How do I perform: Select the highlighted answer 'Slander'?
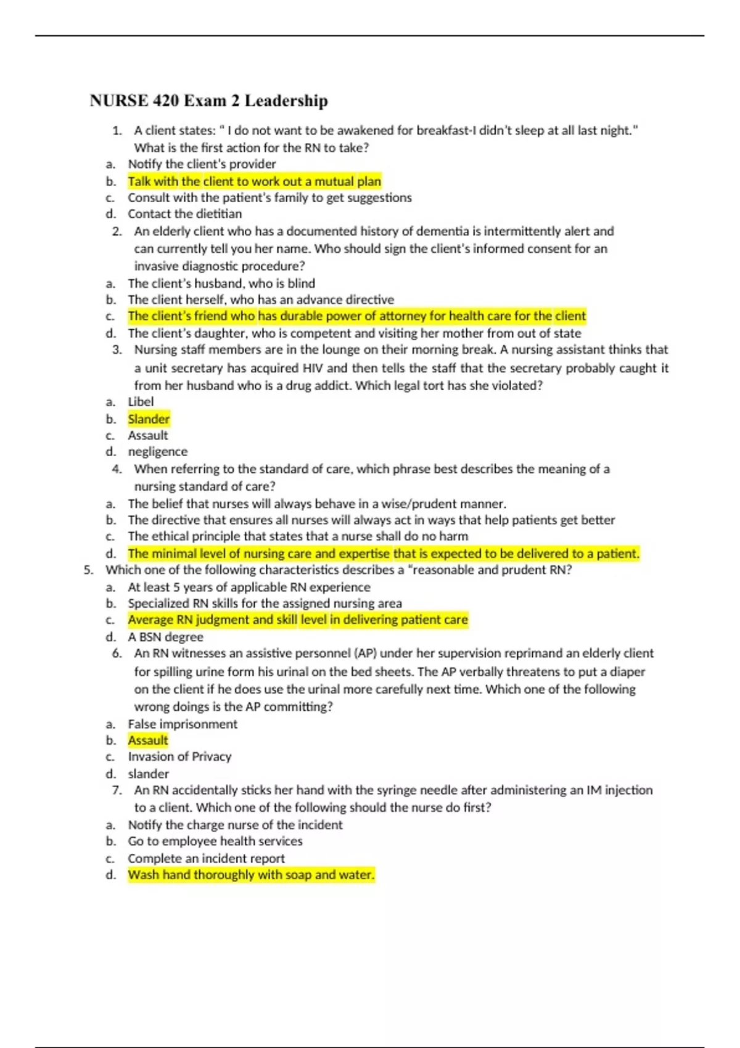pos(149,419)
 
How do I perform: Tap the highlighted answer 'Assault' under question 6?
pos(148,740)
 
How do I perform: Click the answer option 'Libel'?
pos(141,402)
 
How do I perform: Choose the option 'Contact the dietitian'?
pos(184,214)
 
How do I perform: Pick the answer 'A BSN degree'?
pos(165,637)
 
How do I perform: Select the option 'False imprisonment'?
pos(182,724)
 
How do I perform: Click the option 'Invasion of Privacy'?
pos(179,756)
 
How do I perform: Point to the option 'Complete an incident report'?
pos(206,858)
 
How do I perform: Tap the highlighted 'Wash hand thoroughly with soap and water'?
pos(251,875)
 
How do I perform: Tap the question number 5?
pos(88,570)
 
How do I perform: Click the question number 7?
pos(117,790)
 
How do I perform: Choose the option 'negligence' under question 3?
pos(157,452)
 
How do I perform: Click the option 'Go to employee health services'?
pos(215,841)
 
